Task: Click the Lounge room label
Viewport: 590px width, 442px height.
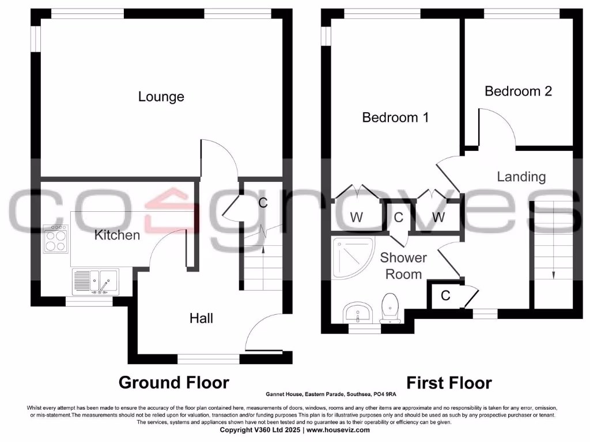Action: click(x=161, y=97)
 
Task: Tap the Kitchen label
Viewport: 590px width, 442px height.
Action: click(x=117, y=235)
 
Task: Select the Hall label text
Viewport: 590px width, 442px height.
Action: click(x=202, y=318)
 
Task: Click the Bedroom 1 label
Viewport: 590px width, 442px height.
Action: click(x=395, y=117)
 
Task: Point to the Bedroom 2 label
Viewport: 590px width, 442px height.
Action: click(x=518, y=91)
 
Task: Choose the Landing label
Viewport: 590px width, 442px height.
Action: click(x=521, y=177)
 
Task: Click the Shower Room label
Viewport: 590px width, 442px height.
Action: click(x=403, y=266)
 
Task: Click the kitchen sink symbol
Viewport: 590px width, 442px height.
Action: click(x=95, y=281)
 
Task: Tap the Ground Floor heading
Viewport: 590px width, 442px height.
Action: click(x=173, y=382)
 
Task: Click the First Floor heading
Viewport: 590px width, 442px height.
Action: click(x=449, y=383)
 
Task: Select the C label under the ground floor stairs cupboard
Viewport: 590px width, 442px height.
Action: click(x=263, y=203)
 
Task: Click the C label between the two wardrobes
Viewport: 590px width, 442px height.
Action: click(x=398, y=218)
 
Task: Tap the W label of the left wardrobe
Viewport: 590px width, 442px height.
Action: click(x=357, y=218)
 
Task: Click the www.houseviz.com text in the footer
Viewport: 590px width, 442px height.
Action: click(x=338, y=430)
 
